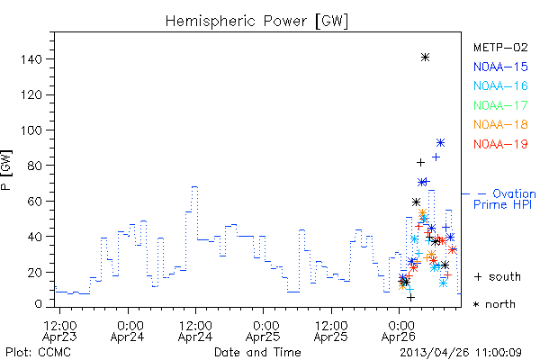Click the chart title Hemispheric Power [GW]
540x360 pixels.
point(256,21)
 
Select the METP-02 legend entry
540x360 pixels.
point(500,47)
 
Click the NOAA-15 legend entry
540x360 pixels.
point(500,67)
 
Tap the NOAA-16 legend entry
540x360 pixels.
point(500,85)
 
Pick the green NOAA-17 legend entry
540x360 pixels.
point(500,105)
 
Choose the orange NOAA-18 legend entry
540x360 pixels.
point(500,124)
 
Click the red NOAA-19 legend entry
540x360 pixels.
point(500,144)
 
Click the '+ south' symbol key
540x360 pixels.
point(498,276)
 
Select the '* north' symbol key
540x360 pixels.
point(494,304)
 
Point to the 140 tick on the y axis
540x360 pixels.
point(31,59)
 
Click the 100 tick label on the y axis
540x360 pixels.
point(31,130)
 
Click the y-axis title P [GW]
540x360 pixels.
point(7,170)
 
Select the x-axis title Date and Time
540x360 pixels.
point(257,352)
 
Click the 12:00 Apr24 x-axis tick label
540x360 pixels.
point(195,330)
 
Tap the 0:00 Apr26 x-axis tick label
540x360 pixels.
point(399,330)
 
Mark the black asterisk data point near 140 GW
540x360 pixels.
point(426,58)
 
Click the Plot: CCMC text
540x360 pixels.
point(38,353)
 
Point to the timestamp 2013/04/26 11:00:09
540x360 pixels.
point(461,353)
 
